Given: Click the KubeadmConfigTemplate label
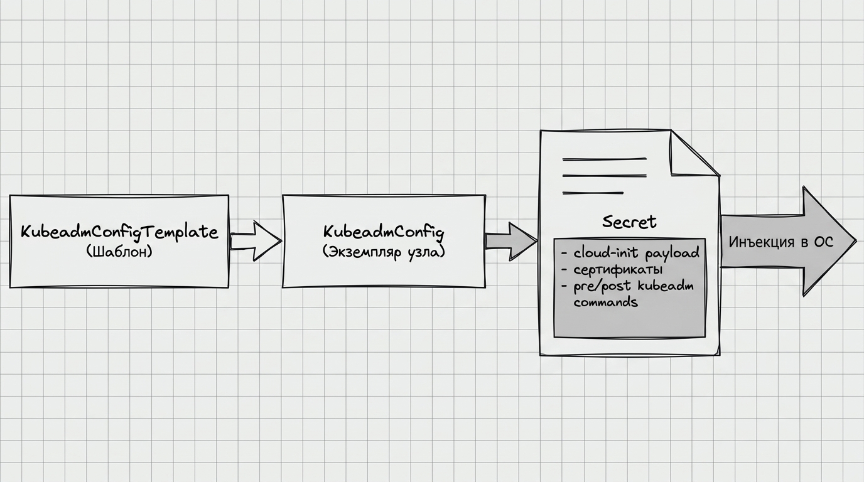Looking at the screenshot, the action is click(x=119, y=232).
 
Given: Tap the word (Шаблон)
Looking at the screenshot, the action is click(x=119, y=252).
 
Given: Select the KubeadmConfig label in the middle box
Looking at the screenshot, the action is click(x=384, y=232).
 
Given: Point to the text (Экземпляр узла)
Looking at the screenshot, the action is click(x=384, y=252).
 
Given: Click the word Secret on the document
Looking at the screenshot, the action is click(x=629, y=222).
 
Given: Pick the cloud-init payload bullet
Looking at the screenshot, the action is click(x=630, y=253).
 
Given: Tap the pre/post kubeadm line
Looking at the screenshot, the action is click(x=627, y=286).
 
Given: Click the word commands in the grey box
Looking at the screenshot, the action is click(x=605, y=301).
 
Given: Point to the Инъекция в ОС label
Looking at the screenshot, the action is click(x=781, y=242).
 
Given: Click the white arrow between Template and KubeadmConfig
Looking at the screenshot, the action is click(x=256, y=242).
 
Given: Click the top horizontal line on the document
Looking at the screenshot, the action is click(x=605, y=159).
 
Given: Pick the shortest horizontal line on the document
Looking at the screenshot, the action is click(x=593, y=193).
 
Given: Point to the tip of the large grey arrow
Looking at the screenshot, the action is click(x=856, y=242).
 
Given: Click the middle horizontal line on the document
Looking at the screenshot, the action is click(x=605, y=176).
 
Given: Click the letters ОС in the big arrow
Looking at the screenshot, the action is click(x=824, y=242).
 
